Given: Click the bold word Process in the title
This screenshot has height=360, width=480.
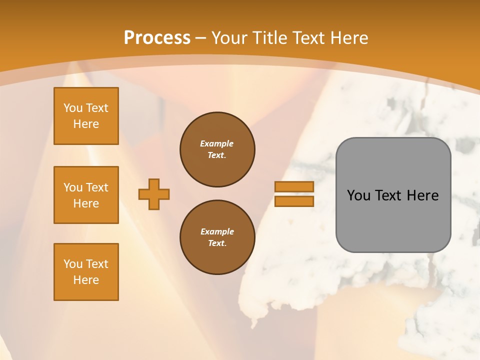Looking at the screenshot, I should [x=157, y=37].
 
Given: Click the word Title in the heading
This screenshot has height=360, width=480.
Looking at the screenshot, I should [x=270, y=37].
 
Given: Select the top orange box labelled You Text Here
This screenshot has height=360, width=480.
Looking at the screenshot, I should [x=86, y=116].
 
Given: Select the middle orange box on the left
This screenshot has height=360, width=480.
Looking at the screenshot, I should [x=86, y=195].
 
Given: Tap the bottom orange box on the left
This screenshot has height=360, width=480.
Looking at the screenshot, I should [x=86, y=272].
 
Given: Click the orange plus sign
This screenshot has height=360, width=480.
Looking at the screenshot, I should [x=154, y=194].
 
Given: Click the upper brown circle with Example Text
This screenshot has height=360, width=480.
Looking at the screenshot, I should [x=217, y=149].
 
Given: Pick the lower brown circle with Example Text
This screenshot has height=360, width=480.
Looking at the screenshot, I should [x=217, y=237].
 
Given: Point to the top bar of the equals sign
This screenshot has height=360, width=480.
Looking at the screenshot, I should [x=294, y=186].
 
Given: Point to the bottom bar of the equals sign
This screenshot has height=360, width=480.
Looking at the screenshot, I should [x=294, y=201].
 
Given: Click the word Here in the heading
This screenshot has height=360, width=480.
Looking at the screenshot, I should [x=349, y=37].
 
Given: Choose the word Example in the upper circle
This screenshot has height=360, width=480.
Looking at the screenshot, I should [x=217, y=143].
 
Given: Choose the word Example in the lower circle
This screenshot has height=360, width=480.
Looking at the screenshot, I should [x=217, y=231].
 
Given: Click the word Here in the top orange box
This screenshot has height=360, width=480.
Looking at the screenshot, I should [x=86, y=124].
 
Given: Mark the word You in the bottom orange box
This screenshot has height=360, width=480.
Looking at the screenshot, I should [x=72, y=264].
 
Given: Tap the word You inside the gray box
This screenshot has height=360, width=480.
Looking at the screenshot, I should [x=358, y=195].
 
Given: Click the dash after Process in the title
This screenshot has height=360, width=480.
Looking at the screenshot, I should [x=200, y=38].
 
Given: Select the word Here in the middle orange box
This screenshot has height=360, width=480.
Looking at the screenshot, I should [x=86, y=203].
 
